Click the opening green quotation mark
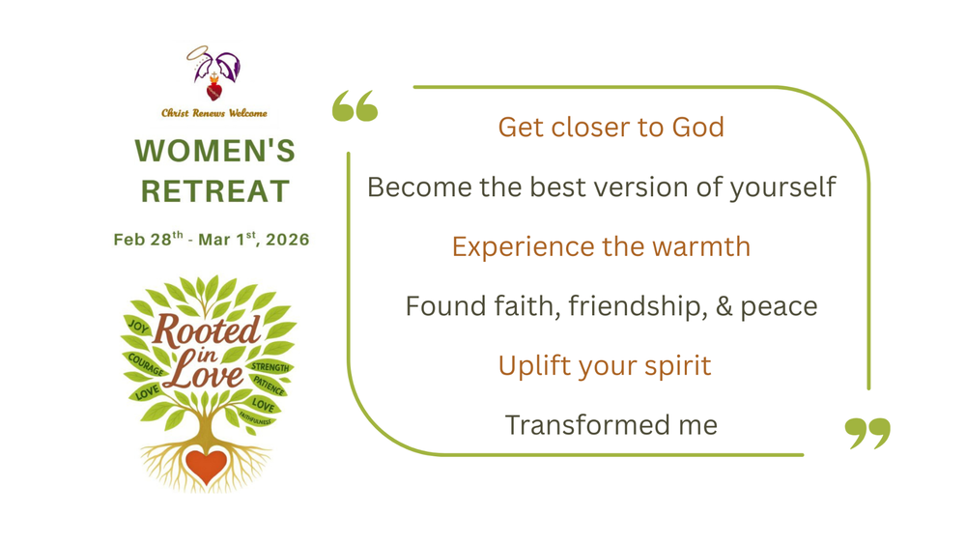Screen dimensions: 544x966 (x=355, y=106)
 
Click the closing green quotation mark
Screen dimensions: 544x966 (x=867, y=433)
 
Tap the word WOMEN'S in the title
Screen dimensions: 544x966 (x=214, y=151)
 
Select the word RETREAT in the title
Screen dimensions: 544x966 (x=214, y=190)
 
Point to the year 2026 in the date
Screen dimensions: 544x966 (x=288, y=240)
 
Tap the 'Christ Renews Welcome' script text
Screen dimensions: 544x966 (x=214, y=113)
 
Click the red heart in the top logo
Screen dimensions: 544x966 (x=214, y=91)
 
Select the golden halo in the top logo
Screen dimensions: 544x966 (x=198, y=53)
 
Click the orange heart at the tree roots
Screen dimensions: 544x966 (x=206, y=466)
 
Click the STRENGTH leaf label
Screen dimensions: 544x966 (x=270, y=367)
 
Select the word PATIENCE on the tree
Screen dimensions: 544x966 (x=269, y=387)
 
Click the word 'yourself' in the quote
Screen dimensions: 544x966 (x=782, y=186)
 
